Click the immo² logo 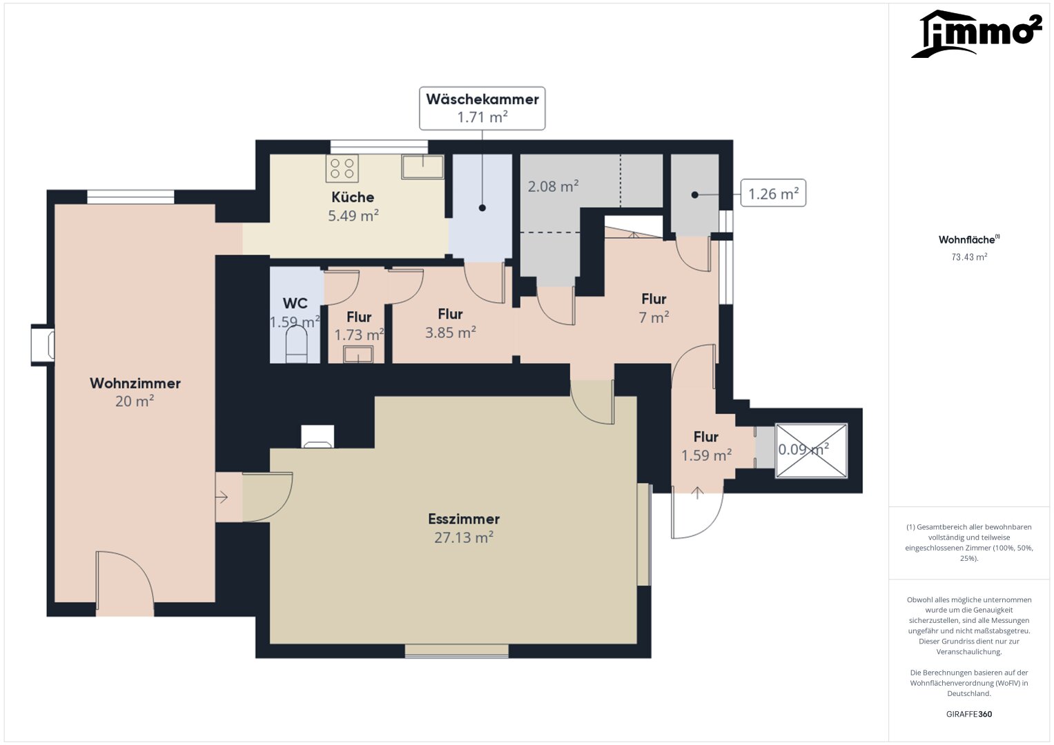click(976, 33)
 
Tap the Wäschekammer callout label click(482, 108)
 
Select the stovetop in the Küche click(342, 168)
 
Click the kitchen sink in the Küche click(422, 167)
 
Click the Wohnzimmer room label click(135, 384)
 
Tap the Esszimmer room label click(464, 519)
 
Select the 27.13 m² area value click(464, 537)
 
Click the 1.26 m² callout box click(773, 193)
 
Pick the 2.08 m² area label click(554, 186)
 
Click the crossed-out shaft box click(811, 450)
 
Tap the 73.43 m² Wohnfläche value click(969, 257)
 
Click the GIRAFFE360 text click(969, 713)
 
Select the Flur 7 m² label click(654, 308)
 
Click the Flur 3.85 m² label click(450, 323)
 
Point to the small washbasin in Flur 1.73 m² click(358, 354)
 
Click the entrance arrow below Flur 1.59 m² click(697, 493)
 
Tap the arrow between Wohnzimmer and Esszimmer click(222, 497)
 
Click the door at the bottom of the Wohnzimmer click(125, 583)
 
